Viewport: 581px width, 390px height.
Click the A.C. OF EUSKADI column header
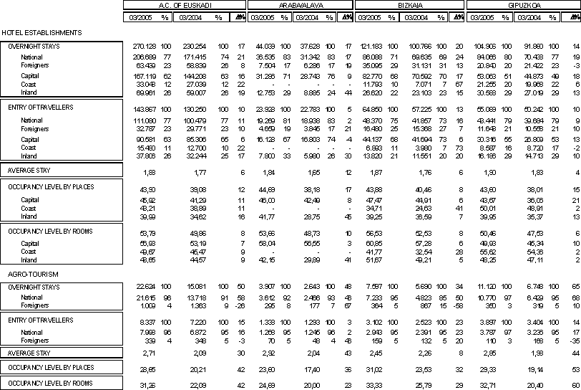pyautogui.click(x=183, y=4)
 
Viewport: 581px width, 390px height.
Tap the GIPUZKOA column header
pyautogui.click(x=523, y=4)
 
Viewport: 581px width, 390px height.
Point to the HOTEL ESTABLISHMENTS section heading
pyautogui.click(x=41, y=33)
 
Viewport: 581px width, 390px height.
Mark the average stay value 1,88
pyautogui.click(x=150, y=172)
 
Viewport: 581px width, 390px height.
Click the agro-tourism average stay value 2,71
pyautogui.click(x=150, y=353)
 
